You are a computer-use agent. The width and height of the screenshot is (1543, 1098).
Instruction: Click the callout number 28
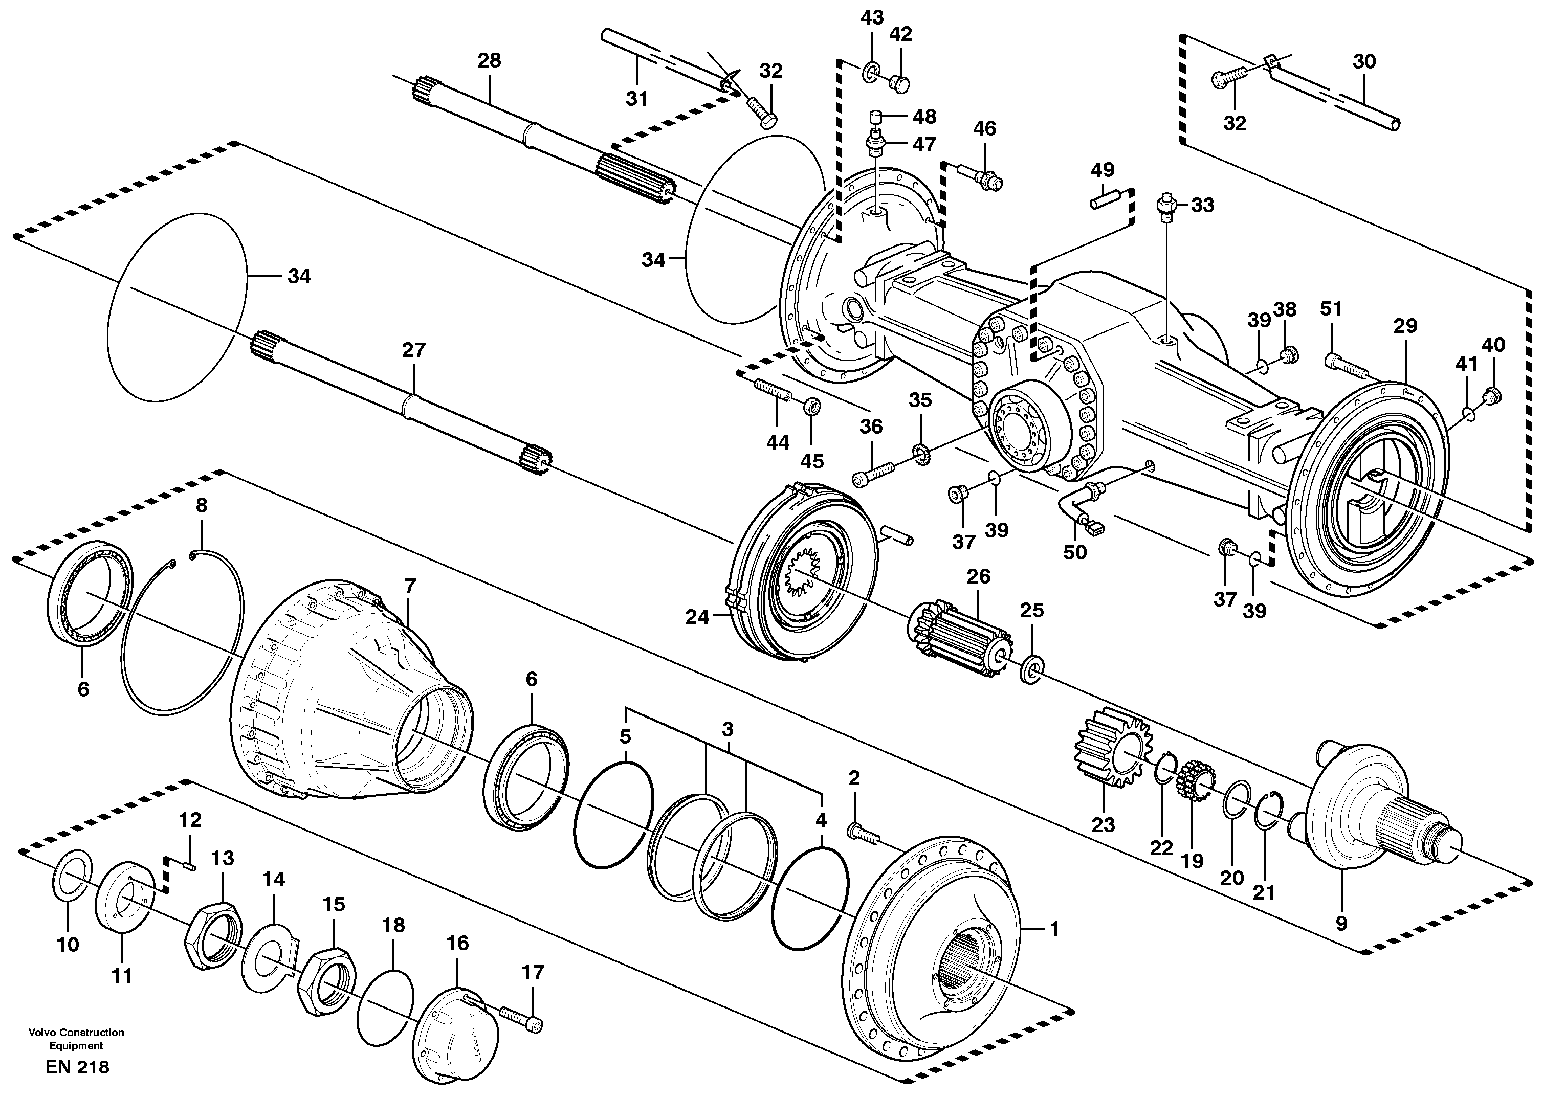click(x=489, y=61)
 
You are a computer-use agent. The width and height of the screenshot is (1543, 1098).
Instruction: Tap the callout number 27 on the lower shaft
click(x=413, y=350)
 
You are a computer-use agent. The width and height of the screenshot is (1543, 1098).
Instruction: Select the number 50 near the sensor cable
click(x=1074, y=552)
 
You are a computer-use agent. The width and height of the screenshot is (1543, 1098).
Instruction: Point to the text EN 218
click(x=77, y=1067)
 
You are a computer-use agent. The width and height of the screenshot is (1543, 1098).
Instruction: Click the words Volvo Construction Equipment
click(x=76, y=1039)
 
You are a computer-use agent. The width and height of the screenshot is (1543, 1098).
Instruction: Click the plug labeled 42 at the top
click(x=899, y=84)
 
